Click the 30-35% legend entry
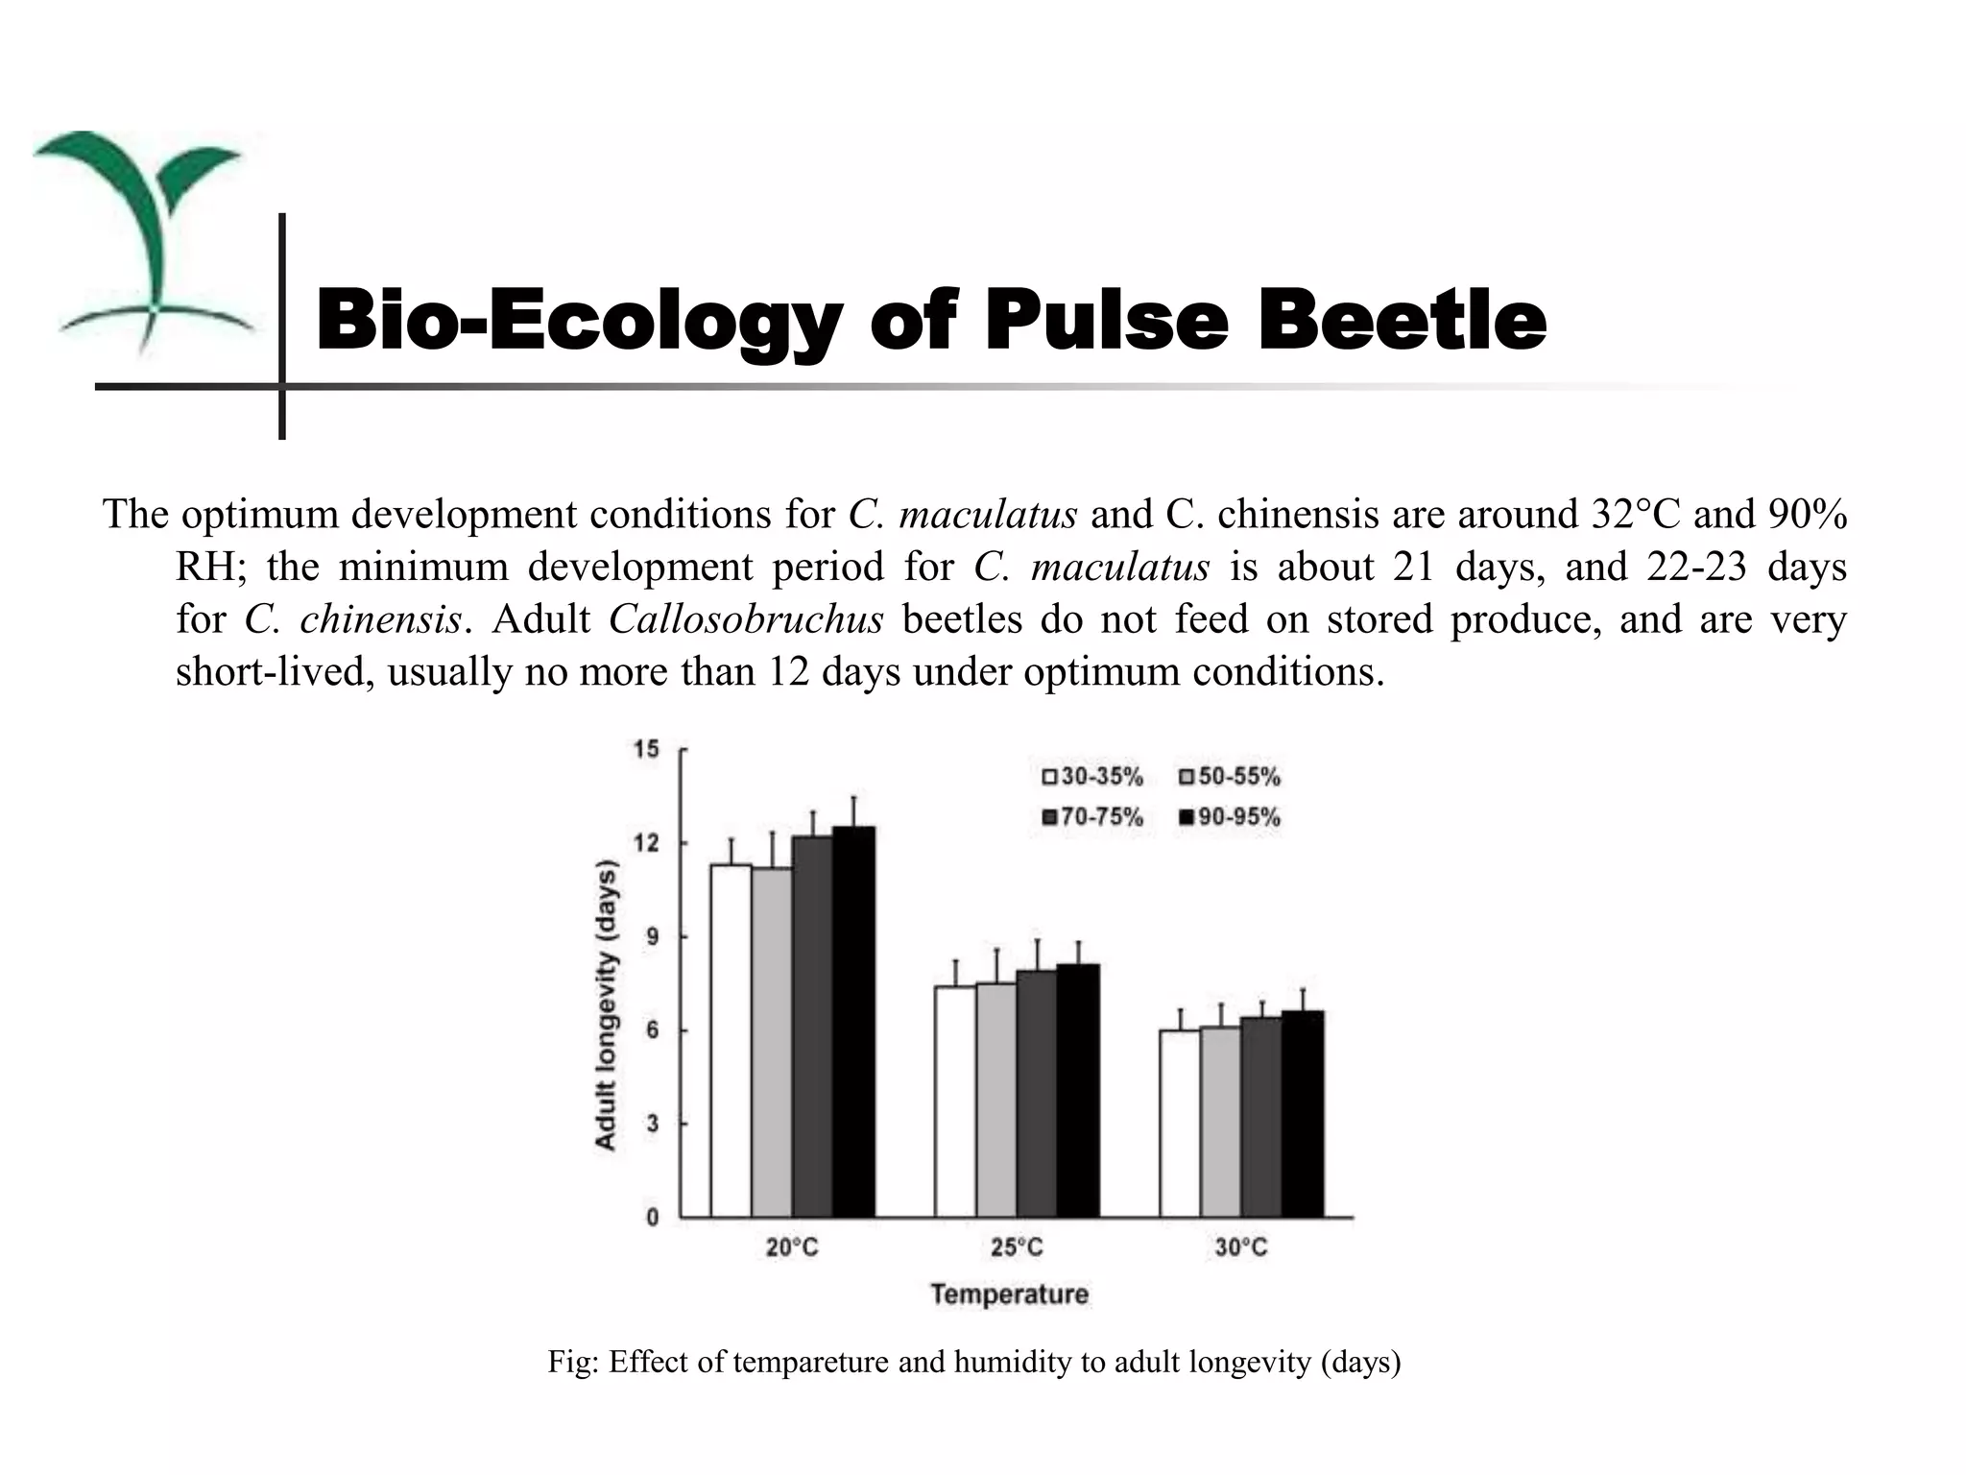coord(1092,776)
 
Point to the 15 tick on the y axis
coord(647,749)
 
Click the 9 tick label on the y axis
coord(652,936)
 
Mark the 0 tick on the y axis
coord(652,1218)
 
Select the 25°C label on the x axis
coord(1017,1247)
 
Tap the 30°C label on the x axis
coord(1241,1247)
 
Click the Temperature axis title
coord(1009,1294)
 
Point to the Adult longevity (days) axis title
coord(606,1004)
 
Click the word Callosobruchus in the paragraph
coord(745,619)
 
